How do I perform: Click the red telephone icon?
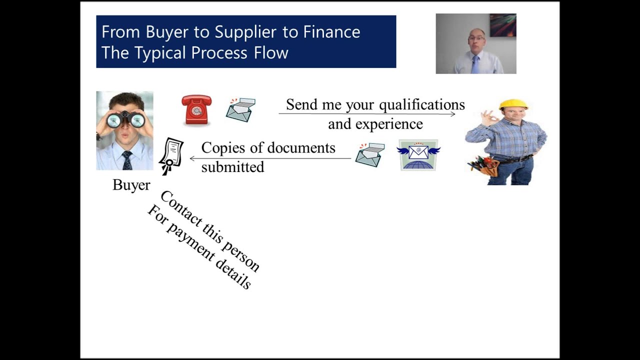click(x=196, y=109)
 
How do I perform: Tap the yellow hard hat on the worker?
click(x=513, y=104)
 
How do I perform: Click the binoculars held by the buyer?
click(x=125, y=119)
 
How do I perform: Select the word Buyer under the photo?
click(x=131, y=185)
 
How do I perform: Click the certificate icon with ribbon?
click(x=170, y=155)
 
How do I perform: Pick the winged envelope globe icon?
click(x=419, y=155)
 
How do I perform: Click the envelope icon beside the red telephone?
click(x=240, y=110)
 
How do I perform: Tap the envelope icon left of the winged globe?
click(x=370, y=155)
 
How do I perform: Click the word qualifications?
click(x=421, y=105)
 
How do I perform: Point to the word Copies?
click(x=224, y=148)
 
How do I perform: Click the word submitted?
click(x=232, y=167)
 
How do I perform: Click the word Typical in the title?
click(x=161, y=53)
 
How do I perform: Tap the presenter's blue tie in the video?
click(x=475, y=64)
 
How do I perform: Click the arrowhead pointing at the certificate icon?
click(x=192, y=158)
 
